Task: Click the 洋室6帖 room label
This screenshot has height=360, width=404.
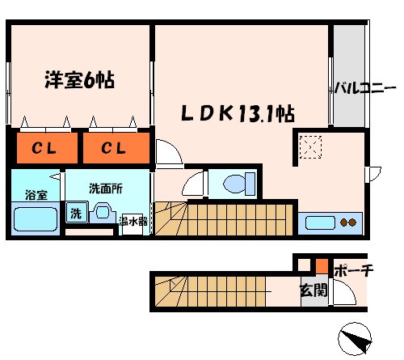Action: tap(78, 80)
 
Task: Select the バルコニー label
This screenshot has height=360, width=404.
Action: tap(365, 87)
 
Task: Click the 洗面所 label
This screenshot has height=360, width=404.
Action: tap(105, 189)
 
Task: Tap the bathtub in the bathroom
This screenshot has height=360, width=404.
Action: tap(34, 218)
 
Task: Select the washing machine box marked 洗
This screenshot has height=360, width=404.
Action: tap(75, 214)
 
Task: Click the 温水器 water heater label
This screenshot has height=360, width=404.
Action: tap(131, 220)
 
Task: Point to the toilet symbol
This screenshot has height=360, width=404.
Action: tap(236, 184)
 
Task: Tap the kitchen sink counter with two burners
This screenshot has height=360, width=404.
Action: tap(331, 222)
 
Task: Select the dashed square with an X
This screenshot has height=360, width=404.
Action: tap(311, 147)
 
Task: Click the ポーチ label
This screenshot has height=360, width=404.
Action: tap(351, 271)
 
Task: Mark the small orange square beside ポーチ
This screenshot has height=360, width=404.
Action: tap(322, 265)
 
